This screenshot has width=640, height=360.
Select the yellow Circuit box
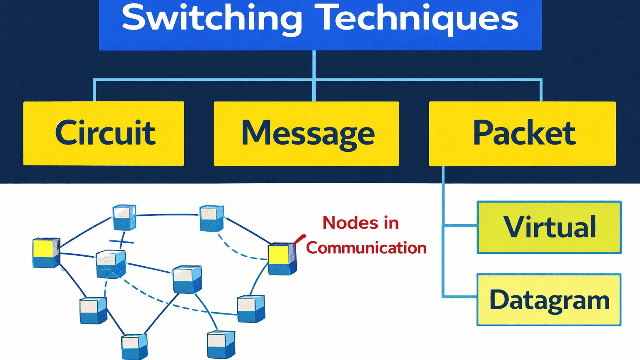[x=104, y=133]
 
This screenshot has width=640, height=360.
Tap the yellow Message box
[x=306, y=133]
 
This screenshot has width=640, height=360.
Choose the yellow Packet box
[x=522, y=133]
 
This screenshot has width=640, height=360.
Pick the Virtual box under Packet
[x=549, y=227]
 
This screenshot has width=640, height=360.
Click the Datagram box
[x=549, y=300]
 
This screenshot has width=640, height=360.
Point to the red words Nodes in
[x=360, y=223]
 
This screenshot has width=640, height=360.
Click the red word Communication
[x=366, y=248]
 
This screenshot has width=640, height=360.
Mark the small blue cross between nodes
[x=121, y=241]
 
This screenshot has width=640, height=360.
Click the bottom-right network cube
[x=221, y=344]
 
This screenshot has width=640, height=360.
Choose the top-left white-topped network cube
[x=125, y=217]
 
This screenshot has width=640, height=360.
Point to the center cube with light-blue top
[x=187, y=279]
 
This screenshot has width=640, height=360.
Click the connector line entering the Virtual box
[x=460, y=226]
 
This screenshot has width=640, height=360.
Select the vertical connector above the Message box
[x=314, y=90]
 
